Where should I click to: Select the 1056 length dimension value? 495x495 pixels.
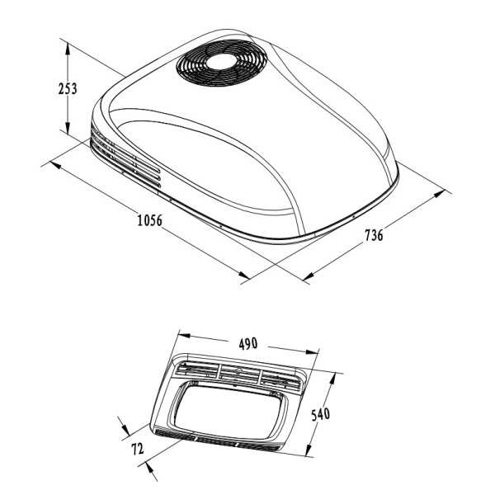point(148,221)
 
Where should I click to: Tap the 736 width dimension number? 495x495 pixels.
point(373,236)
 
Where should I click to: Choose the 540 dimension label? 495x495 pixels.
point(322,413)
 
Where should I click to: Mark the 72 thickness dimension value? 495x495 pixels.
point(136,450)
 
